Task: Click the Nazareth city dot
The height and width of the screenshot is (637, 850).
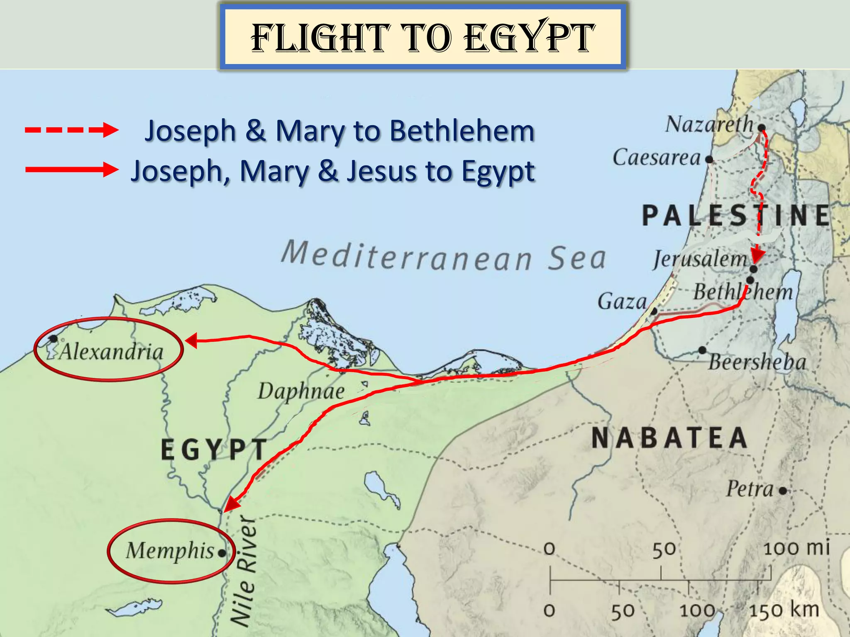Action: click(x=762, y=127)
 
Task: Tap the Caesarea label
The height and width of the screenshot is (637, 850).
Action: click(x=657, y=158)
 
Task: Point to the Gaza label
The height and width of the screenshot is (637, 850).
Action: click(x=622, y=301)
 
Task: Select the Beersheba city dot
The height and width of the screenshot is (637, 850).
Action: click(x=702, y=350)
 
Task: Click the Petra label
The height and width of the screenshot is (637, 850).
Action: click(x=750, y=489)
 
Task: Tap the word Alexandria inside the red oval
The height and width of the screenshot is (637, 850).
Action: click(x=111, y=352)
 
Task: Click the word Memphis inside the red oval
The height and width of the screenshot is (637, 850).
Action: click(x=170, y=551)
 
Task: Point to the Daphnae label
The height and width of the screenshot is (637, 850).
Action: click(x=301, y=391)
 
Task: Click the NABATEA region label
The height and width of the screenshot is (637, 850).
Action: click(x=669, y=438)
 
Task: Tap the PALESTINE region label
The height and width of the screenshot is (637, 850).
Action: click(x=735, y=216)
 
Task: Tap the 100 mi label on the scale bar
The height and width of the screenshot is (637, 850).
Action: click(x=796, y=548)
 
